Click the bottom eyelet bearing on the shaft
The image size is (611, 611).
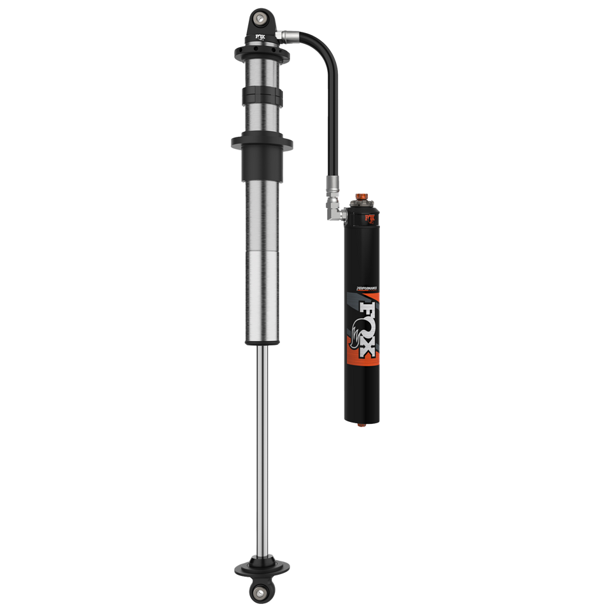click(262, 594)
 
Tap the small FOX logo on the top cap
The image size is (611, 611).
click(262, 38)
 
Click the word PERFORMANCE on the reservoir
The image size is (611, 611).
click(363, 288)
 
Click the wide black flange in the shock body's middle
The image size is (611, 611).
click(262, 141)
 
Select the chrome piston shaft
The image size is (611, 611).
click(262, 446)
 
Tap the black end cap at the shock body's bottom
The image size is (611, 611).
click(262, 342)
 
